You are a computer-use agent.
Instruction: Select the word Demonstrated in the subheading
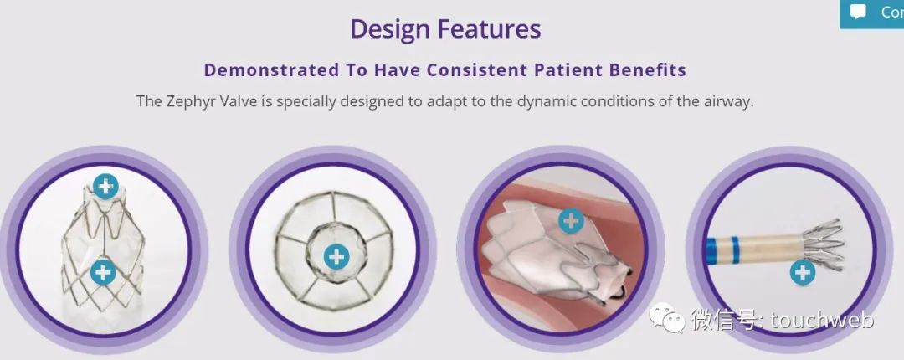click(x=271, y=69)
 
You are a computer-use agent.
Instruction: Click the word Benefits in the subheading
click(x=642, y=69)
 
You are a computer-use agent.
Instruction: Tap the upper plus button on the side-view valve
click(x=105, y=187)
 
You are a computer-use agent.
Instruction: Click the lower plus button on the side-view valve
click(x=103, y=271)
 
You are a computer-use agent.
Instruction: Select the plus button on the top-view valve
click(x=336, y=256)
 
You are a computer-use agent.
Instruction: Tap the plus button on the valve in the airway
click(x=572, y=220)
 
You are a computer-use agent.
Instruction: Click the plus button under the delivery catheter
click(x=802, y=272)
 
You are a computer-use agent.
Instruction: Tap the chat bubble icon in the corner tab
click(x=859, y=12)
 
